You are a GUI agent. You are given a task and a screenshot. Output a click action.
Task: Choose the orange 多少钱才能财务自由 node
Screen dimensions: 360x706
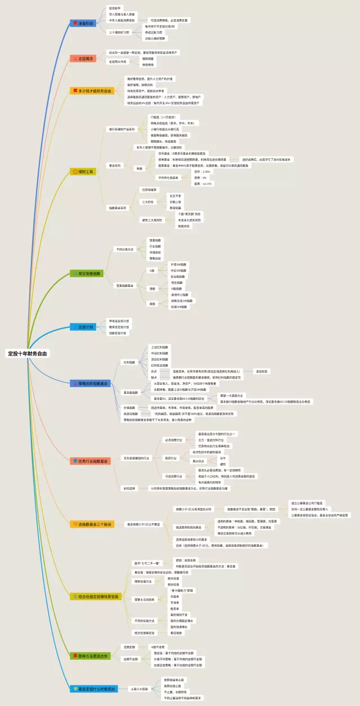coord(92,90)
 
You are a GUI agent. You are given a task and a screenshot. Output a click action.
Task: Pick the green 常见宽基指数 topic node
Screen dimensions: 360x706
coord(87,273)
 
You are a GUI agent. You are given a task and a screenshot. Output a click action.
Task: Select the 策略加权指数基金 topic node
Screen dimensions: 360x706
coord(90,383)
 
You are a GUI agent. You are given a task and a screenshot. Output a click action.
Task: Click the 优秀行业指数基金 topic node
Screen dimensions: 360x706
coord(90,461)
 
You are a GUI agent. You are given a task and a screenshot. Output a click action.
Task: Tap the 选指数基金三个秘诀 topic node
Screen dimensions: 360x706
coord(91,524)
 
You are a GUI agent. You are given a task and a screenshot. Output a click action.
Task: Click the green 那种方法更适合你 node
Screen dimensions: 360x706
coord(90,655)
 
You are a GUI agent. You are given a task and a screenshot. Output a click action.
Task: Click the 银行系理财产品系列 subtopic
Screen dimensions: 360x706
coord(122,129)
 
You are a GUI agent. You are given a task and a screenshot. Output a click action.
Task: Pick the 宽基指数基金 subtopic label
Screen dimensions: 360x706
coord(125,285)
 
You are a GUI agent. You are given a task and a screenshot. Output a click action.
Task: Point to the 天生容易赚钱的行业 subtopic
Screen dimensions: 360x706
coord(136,458)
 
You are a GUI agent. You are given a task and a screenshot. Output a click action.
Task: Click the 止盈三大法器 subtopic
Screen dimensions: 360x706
coord(140,688)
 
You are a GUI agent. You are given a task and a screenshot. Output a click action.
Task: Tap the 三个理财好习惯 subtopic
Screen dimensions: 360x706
coord(119,32)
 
